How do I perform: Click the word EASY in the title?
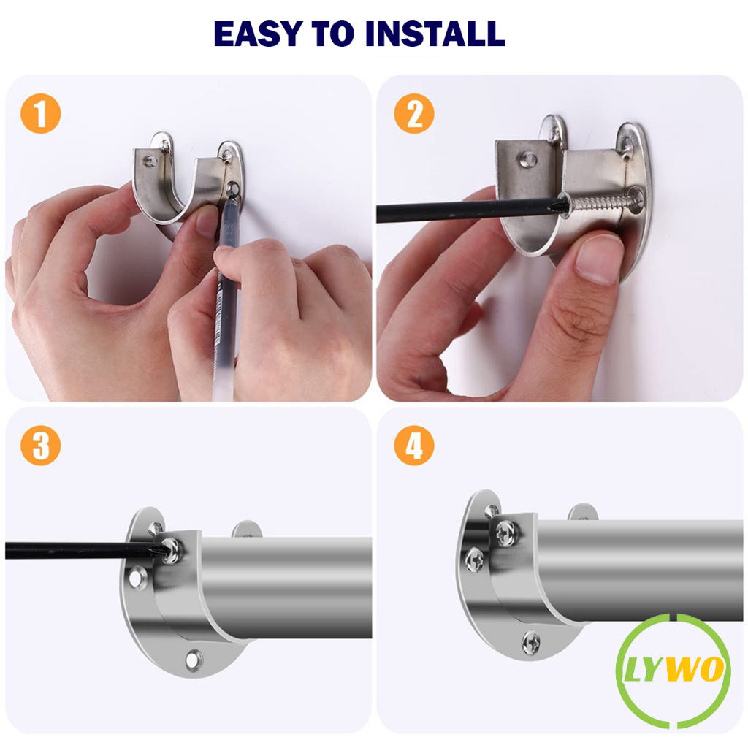tap(258, 34)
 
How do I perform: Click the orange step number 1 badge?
tap(41, 113)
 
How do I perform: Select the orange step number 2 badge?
tap(414, 113)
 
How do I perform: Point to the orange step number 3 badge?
tap(41, 446)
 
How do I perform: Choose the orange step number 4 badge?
tap(414, 446)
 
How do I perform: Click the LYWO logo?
tap(673, 671)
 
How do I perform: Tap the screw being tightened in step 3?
tap(171, 550)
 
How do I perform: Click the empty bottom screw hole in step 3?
tap(193, 660)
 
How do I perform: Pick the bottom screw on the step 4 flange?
tap(531, 643)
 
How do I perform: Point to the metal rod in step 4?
tap(635, 570)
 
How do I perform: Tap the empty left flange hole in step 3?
tap(137, 577)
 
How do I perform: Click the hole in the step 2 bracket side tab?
tap(527, 159)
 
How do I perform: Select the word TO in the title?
tap(333, 34)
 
